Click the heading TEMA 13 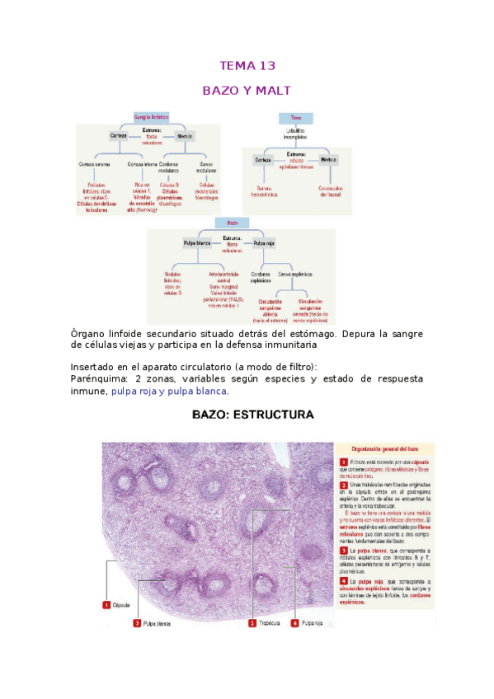tap(247, 66)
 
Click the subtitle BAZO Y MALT tap(247, 91)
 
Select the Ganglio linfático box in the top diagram tap(151, 118)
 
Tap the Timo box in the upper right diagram tap(295, 118)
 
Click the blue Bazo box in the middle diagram tap(232, 223)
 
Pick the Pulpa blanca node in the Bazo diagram tap(199, 244)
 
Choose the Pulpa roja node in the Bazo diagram tap(264, 244)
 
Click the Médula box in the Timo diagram tap(328, 158)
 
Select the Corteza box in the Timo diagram tap(262, 158)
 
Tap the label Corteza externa tap(94, 163)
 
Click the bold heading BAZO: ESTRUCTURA tap(252, 415)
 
